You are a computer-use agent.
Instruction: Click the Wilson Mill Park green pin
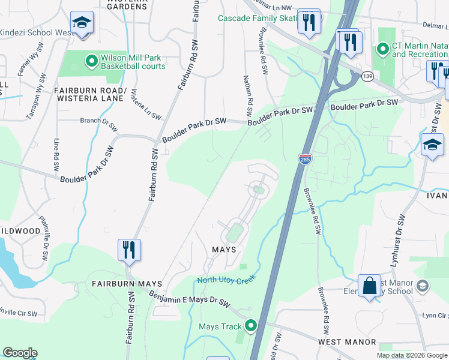pyautogui.click(x=91, y=61)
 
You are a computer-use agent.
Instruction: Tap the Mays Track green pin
pyautogui.click(x=251, y=326)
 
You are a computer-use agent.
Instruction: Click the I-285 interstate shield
pyautogui.click(x=304, y=158)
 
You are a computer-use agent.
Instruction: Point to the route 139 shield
pyautogui.click(x=367, y=76)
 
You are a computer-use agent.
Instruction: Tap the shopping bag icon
pyautogui.click(x=369, y=285)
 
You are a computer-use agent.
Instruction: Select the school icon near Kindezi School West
pyautogui.click(x=82, y=23)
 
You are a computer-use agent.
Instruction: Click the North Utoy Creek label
pyautogui.click(x=227, y=280)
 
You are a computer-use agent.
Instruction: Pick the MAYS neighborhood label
pyautogui.click(x=223, y=249)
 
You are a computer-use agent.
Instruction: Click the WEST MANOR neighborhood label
pyautogui.click(x=347, y=341)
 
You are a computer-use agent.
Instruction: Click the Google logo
pyautogui.click(x=20, y=353)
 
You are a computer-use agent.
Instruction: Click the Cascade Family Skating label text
pyautogui.click(x=258, y=19)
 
